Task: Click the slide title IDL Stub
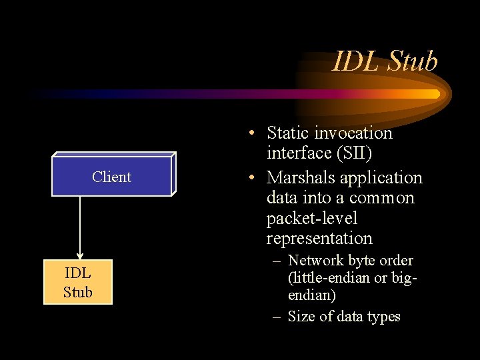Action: click(x=385, y=61)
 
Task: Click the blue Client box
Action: click(x=112, y=177)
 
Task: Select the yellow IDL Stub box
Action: click(x=78, y=282)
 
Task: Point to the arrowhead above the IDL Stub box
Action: click(x=80, y=255)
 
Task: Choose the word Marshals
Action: click(x=299, y=178)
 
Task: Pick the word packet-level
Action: click(x=311, y=218)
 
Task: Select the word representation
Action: click(x=319, y=238)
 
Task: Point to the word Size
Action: click(x=301, y=317)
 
